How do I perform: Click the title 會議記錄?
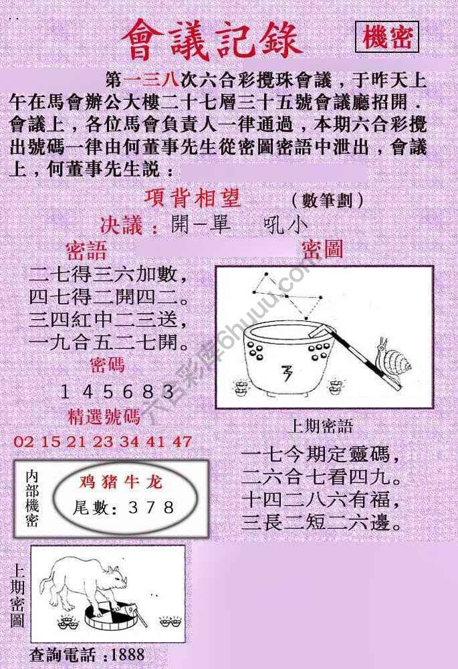[x=212, y=40]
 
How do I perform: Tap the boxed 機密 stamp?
[x=387, y=38]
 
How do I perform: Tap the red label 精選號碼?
[x=104, y=417]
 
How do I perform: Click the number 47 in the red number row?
[x=181, y=442]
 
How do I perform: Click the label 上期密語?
[x=321, y=426]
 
